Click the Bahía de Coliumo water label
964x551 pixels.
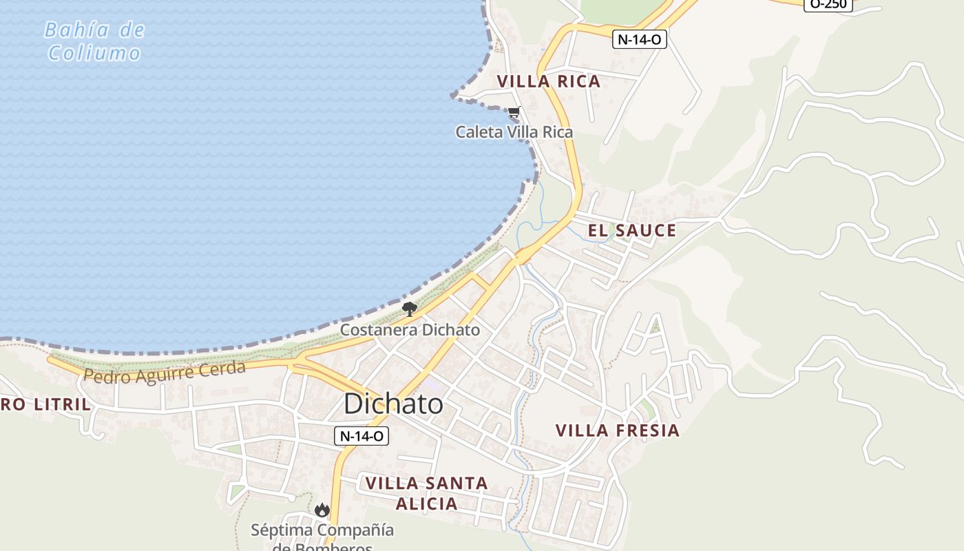coord(94,41)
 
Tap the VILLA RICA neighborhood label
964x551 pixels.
coord(549,81)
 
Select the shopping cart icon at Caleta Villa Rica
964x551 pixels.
coord(514,112)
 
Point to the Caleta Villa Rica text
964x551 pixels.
coord(514,132)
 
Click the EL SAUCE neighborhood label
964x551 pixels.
coord(631,231)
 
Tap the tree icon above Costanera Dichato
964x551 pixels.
coord(410,309)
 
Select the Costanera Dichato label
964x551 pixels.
coord(410,330)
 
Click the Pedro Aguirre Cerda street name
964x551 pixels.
coord(164,371)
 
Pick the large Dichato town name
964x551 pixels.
coord(393,404)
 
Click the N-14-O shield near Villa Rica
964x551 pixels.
coord(639,39)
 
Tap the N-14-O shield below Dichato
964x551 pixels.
coord(361,436)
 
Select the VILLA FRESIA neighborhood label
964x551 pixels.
coord(618,431)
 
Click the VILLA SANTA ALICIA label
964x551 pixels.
coord(427,493)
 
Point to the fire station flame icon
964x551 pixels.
coord(322,510)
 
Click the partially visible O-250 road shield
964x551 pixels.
coord(828,4)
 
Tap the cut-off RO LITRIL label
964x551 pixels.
coord(45,405)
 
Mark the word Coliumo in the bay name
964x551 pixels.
coord(94,53)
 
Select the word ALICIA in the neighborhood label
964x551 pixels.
coord(427,504)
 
